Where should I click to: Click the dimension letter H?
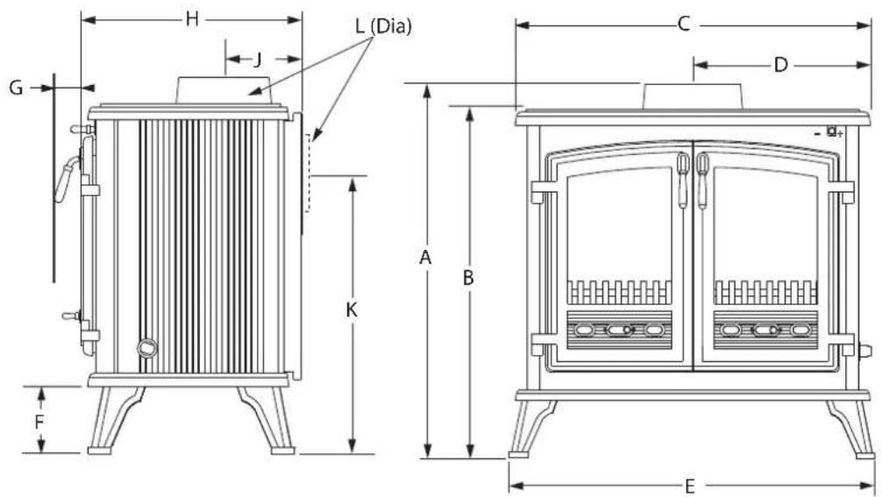tap(192, 19)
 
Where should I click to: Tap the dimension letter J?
tap(258, 59)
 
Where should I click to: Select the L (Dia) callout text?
tap(383, 26)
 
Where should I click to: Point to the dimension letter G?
tap(17, 88)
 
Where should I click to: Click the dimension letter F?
tap(39, 421)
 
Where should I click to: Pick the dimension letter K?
tap(352, 309)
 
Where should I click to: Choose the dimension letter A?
tap(426, 258)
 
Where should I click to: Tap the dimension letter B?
tap(468, 278)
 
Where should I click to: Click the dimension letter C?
tap(684, 25)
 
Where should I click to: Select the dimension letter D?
tap(781, 65)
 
